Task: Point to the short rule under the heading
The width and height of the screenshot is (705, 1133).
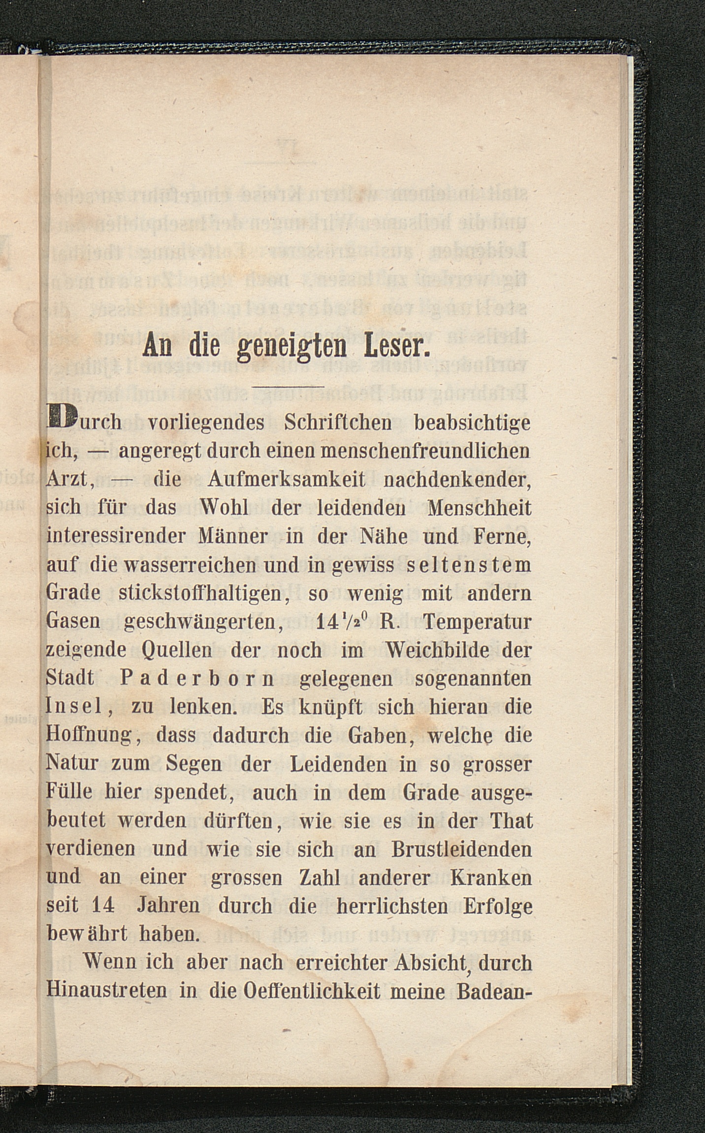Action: coord(288,387)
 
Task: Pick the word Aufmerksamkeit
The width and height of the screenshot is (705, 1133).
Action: coord(287,480)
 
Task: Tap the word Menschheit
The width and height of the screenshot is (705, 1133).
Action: coord(480,508)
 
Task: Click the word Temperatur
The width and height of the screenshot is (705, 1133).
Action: coord(476,622)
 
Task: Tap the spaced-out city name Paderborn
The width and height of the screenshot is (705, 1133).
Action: coord(196,679)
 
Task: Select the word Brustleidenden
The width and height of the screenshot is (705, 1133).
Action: coord(462,849)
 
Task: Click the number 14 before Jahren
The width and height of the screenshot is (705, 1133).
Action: coord(103,906)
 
